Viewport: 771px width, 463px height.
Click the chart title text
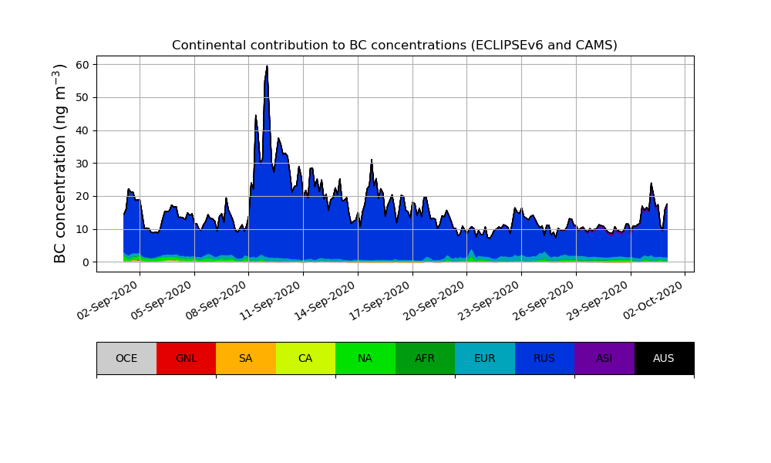click(394, 46)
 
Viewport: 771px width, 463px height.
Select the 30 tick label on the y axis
click(85, 164)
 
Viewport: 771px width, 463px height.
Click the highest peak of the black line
click(267, 66)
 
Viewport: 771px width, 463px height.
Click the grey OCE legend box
click(126, 358)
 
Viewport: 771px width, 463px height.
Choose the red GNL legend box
click(186, 358)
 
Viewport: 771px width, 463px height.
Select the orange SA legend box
click(246, 358)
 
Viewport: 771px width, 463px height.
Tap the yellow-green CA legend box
click(305, 358)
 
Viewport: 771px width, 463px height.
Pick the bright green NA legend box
click(365, 358)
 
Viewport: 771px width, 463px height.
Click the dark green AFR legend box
click(425, 358)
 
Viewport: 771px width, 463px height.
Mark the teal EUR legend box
click(485, 358)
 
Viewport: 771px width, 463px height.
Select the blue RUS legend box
click(544, 358)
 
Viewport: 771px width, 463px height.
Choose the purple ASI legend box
click(604, 358)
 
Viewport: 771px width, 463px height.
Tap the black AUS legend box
click(664, 358)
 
